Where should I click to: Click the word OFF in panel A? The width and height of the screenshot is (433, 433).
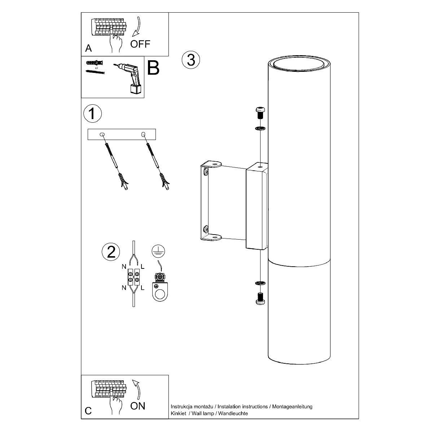(x=140, y=44)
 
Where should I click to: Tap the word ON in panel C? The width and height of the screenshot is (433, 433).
(x=137, y=406)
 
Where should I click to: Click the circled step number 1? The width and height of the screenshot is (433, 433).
(x=92, y=113)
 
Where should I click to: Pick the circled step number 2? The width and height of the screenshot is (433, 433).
(x=111, y=252)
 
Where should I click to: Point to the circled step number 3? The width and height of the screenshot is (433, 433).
(x=191, y=60)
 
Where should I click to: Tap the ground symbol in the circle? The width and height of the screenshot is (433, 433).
(x=158, y=251)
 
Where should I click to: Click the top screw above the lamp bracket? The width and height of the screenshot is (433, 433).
(x=260, y=113)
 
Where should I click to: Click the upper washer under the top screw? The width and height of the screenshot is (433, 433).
(x=260, y=129)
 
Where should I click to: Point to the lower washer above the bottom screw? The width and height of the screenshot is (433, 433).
(x=260, y=283)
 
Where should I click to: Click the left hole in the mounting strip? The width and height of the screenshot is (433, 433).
(x=102, y=135)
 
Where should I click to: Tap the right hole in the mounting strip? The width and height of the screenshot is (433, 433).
(x=143, y=135)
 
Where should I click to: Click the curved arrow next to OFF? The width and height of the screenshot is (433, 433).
(x=136, y=26)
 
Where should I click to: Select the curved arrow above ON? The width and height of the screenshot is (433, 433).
(x=137, y=390)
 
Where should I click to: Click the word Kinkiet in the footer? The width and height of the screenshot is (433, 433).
(x=178, y=413)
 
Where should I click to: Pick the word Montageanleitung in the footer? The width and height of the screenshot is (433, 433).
(x=292, y=407)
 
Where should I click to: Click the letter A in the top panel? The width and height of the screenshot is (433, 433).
(x=88, y=48)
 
